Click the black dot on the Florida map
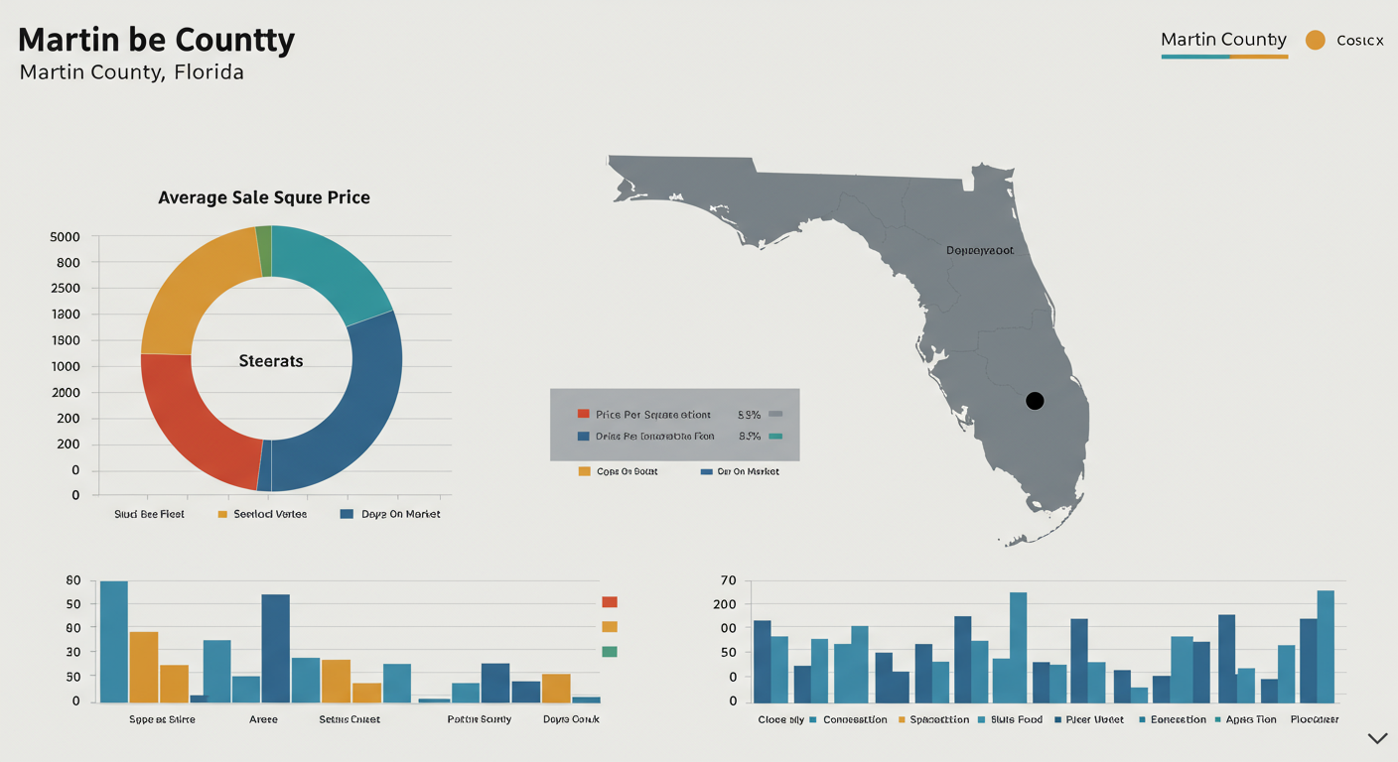click(x=1035, y=401)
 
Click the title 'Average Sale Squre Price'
click(x=264, y=197)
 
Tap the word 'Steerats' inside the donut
click(x=271, y=361)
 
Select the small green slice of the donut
click(x=264, y=250)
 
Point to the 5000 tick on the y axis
click(x=65, y=237)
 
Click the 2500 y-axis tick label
click(x=65, y=289)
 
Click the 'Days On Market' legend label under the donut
click(x=401, y=514)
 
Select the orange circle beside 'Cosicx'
click(x=1315, y=41)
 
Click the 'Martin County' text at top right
click(x=1223, y=40)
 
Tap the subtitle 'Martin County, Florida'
click(x=132, y=72)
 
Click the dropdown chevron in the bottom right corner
click(x=1377, y=738)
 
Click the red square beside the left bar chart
click(x=610, y=601)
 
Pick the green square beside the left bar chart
click(x=610, y=651)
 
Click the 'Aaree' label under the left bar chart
click(x=263, y=719)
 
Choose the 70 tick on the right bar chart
click(x=729, y=579)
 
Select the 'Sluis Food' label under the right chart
click(x=1017, y=719)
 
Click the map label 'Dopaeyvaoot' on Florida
click(x=980, y=251)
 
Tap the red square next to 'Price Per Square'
click(x=584, y=414)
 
